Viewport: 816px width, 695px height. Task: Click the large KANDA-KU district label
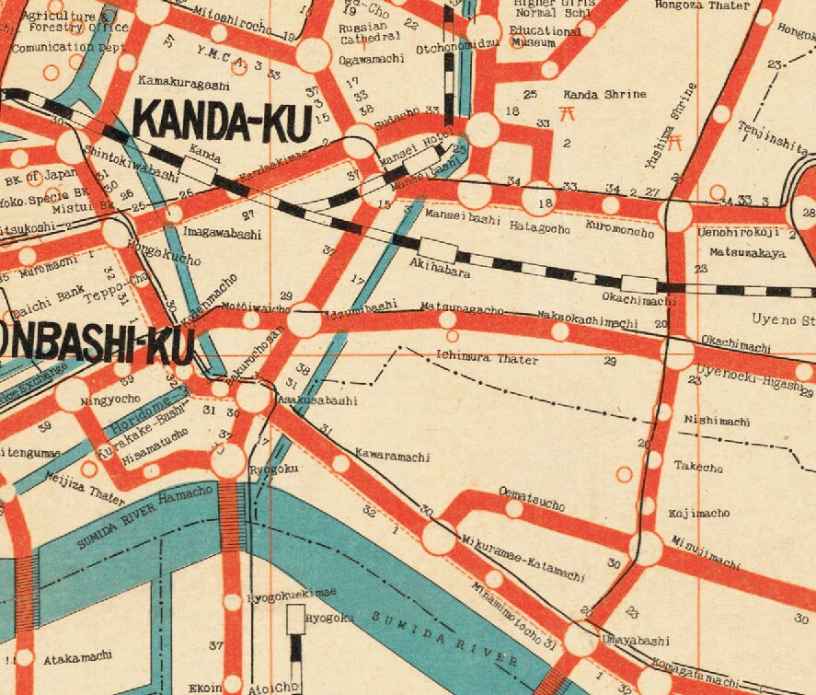point(222,122)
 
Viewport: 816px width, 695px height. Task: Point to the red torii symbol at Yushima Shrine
point(675,142)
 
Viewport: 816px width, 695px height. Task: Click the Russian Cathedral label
point(372,30)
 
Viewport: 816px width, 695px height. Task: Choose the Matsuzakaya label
point(746,250)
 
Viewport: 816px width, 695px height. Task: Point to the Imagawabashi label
point(222,234)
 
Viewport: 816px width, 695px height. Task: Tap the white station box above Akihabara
point(437,250)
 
